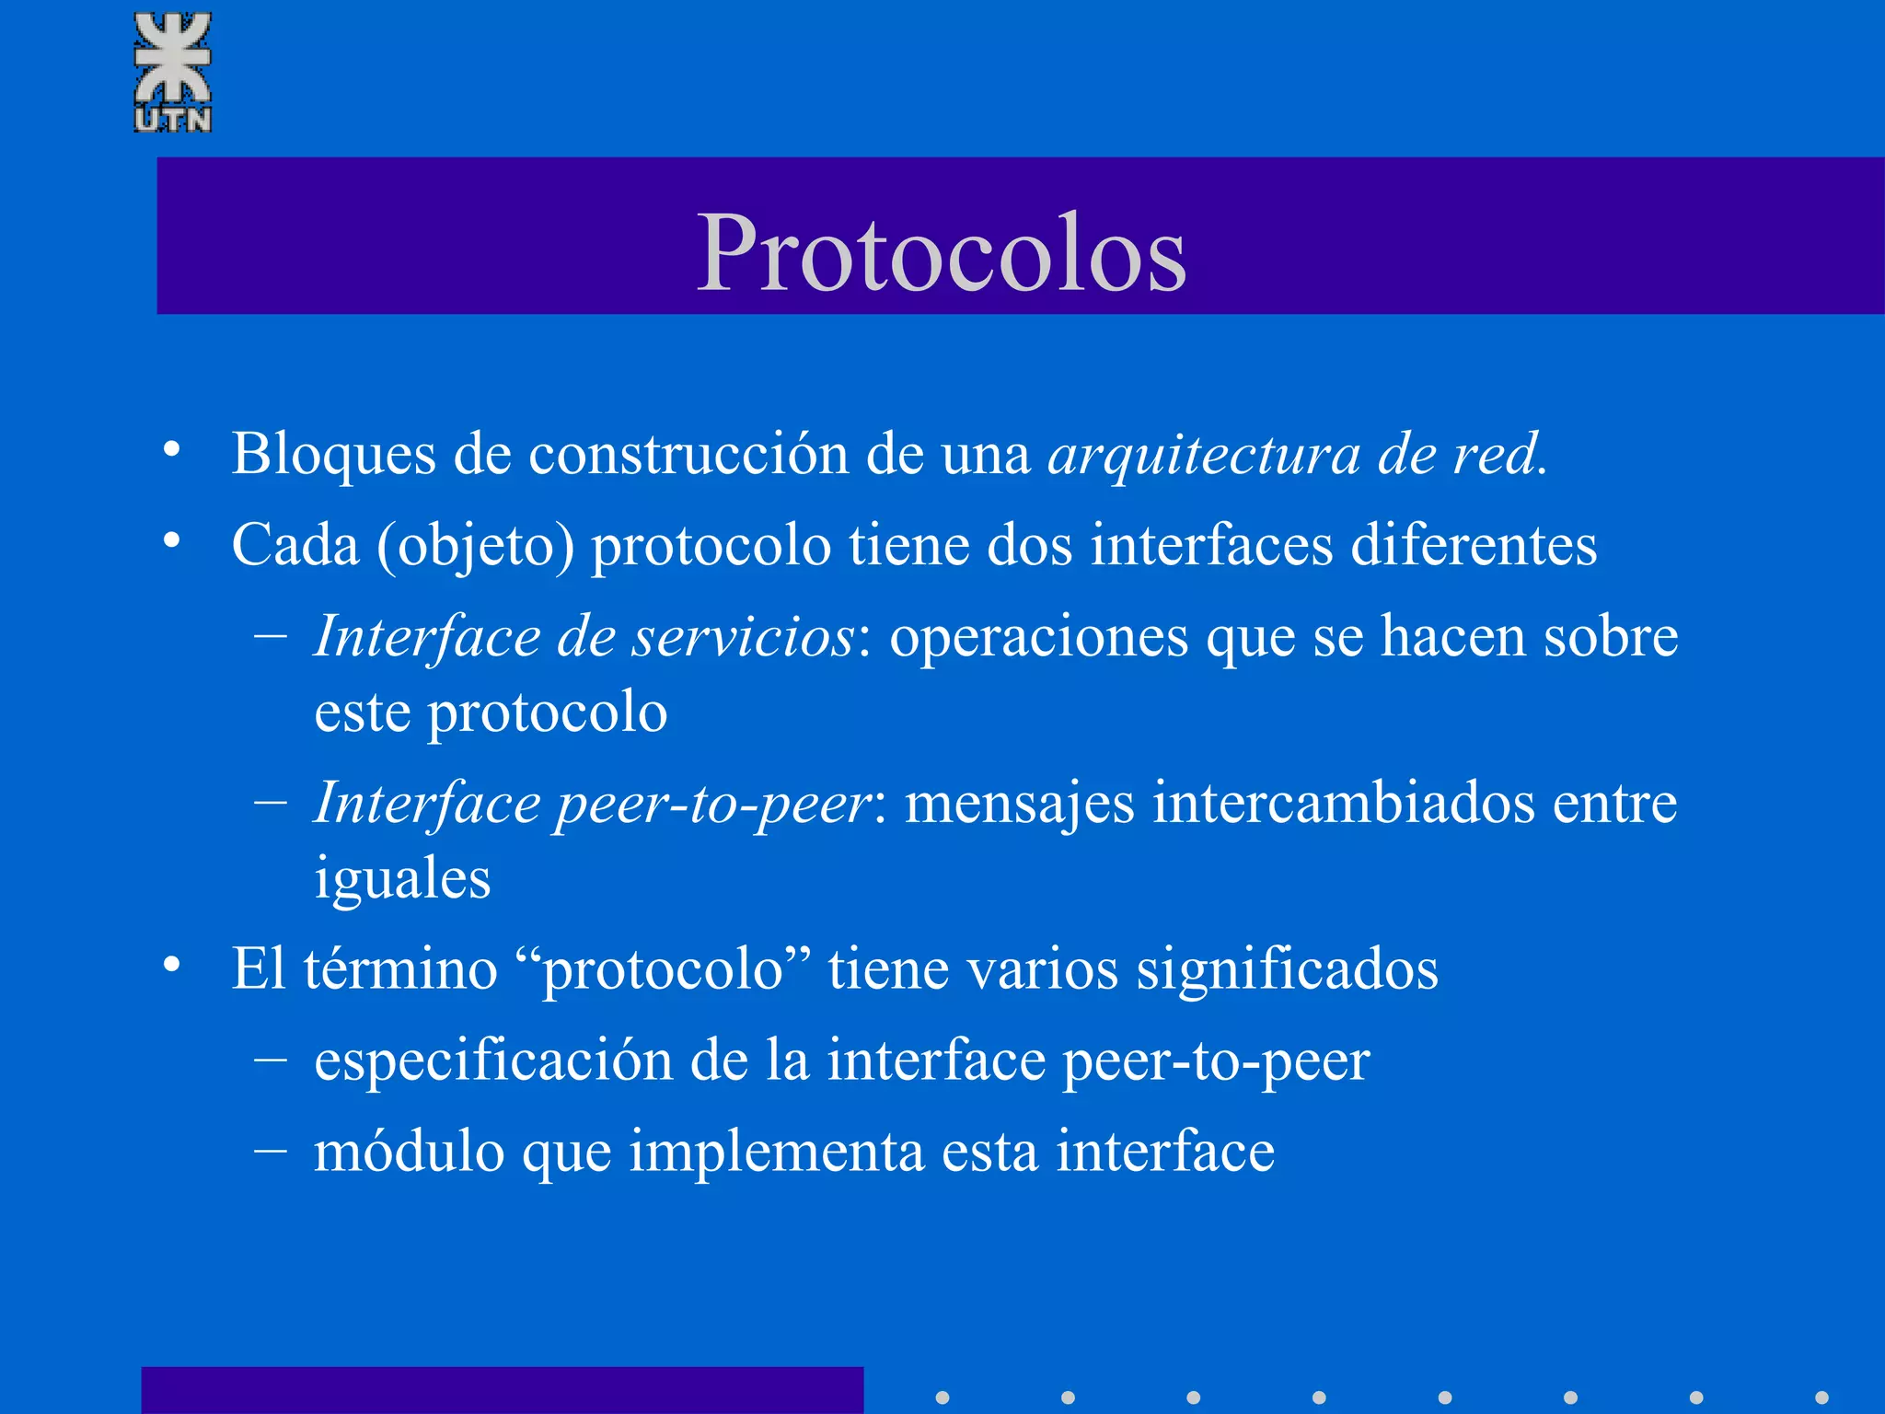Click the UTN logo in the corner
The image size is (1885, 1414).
[x=173, y=72]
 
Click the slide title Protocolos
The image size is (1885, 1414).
[x=942, y=253]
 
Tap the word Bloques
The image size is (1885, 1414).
[x=333, y=455]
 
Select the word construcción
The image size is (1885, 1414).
[x=688, y=455]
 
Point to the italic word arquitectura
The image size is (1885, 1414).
[x=1204, y=455]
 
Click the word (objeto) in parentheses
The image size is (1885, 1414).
[x=475, y=545]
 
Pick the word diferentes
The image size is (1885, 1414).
[x=1473, y=545]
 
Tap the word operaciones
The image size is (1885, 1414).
[x=1039, y=637]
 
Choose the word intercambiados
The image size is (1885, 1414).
[x=1344, y=804]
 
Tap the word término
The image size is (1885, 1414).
[x=400, y=968]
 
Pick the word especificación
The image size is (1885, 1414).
[x=493, y=1061]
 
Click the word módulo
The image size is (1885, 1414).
[x=410, y=1152]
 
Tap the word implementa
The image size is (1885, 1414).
[x=776, y=1153]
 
